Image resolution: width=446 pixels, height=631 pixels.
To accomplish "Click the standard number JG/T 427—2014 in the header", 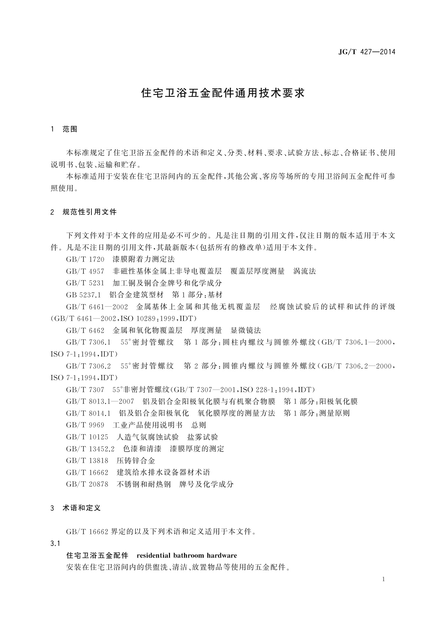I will (x=367, y=52).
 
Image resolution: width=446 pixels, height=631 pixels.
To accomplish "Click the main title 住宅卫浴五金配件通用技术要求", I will (x=223, y=93).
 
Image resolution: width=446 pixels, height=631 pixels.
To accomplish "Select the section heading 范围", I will (x=70, y=129).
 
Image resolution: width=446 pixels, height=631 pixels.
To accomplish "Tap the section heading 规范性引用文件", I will (x=89, y=212).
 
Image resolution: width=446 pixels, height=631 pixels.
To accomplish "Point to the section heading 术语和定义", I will (x=82, y=508).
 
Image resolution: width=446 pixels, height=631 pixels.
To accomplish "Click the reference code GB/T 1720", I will (x=85, y=259).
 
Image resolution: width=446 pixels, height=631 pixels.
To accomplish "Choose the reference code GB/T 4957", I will (x=85, y=271).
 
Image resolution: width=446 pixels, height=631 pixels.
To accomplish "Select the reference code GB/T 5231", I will (x=85, y=283).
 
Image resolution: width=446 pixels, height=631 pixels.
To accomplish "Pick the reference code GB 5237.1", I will (x=84, y=295).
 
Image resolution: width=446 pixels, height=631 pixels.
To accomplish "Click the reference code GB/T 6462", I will (x=85, y=330).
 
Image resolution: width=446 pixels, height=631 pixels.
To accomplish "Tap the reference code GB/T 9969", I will (x=85, y=425).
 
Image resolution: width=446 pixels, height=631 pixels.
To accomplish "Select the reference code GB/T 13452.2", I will (x=90, y=449).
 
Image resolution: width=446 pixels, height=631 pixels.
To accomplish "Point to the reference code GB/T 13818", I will (x=87, y=461).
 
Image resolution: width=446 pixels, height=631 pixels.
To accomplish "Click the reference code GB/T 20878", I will (x=87, y=484).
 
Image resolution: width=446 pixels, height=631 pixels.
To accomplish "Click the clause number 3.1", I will (x=55, y=543).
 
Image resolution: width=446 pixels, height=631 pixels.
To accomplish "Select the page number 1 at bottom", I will (x=384, y=579).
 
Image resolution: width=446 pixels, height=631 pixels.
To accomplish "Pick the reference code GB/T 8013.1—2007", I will (x=100, y=402).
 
